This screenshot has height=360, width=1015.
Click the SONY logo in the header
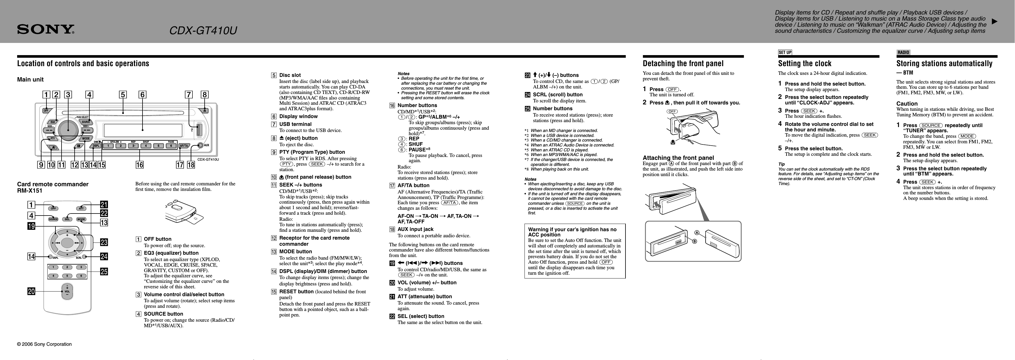(45, 30)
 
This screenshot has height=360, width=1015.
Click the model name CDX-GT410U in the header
(203, 31)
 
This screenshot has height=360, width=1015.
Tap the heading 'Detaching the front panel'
(683, 64)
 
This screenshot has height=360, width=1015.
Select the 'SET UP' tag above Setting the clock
(785, 53)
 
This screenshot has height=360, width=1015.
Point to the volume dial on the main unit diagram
(68, 130)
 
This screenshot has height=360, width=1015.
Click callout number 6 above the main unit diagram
(142, 95)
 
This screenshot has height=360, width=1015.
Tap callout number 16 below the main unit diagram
(140, 165)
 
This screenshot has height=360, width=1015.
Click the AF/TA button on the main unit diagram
(184, 146)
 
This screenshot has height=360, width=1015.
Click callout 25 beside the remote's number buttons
(104, 272)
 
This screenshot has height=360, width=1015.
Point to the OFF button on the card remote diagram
(53, 208)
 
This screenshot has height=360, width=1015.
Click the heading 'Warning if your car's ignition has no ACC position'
(572, 232)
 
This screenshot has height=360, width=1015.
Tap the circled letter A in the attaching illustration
(697, 233)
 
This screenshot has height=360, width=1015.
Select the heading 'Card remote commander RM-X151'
(53, 187)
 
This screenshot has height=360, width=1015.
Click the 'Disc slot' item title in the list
(290, 75)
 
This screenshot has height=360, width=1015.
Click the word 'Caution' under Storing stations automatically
(907, 104)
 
